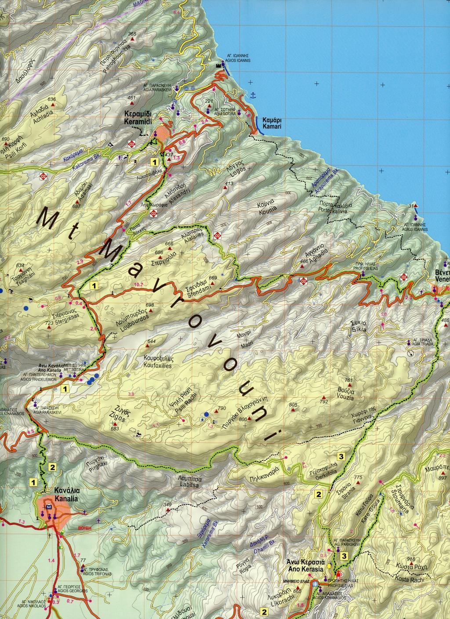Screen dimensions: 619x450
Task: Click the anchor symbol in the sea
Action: (252, 95)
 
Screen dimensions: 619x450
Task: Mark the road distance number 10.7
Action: (138, 285)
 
